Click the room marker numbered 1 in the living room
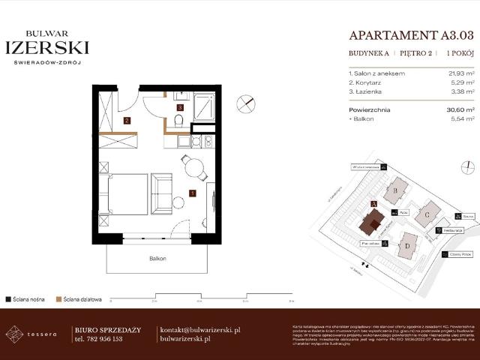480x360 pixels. pos(193,193)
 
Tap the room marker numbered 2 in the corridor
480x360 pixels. pos(127,120)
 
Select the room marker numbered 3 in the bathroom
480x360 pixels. pos(180,108)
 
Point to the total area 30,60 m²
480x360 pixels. pos(458,109)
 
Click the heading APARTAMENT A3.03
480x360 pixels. pos(412,35)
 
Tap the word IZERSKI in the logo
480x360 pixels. pos(47,48)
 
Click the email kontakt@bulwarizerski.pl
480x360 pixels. pos(200,329)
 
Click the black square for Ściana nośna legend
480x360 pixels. pos(7,297)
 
